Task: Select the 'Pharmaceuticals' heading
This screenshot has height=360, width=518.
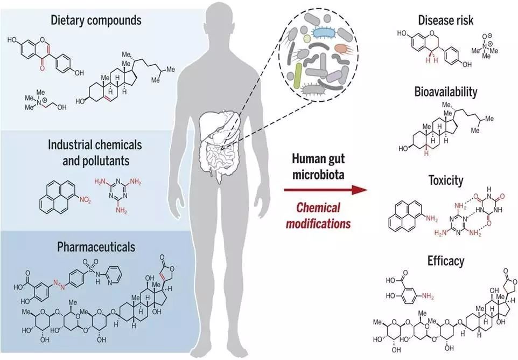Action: click(96, 247)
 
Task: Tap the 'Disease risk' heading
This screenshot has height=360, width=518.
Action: click(445, 20)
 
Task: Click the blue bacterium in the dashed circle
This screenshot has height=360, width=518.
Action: click(324, 32)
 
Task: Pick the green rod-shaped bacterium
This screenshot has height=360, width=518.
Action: click(298, 75)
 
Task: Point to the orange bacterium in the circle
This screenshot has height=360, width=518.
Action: click(341, 48)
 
